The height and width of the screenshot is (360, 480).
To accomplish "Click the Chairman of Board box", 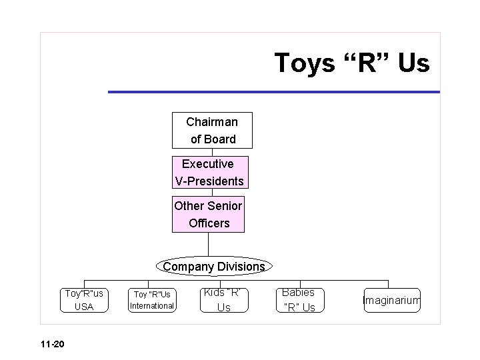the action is [212, 130].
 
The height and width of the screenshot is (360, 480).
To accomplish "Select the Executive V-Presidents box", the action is [209, 172].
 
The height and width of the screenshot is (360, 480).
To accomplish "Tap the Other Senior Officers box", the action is [208, 214].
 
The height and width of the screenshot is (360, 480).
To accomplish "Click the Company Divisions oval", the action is [213, 267].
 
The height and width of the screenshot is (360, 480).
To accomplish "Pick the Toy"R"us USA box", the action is [84, 300].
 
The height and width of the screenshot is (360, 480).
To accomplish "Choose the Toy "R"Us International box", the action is [151, 300].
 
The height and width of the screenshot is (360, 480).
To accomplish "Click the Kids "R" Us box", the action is [224, 300].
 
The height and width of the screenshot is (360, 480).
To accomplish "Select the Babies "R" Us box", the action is [299, 300].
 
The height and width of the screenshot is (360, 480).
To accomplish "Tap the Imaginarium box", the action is [392, 301].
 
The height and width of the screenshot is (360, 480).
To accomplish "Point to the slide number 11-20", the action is [51, 344].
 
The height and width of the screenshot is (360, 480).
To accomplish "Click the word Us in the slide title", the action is [415, 63].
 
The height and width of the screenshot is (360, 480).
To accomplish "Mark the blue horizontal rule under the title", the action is [273, 91].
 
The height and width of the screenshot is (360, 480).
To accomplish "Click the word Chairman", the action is [211, 122].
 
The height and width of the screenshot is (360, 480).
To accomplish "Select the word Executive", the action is [208, 164].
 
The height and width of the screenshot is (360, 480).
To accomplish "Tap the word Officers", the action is [209, 223].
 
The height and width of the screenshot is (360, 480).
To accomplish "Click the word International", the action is [152, 306].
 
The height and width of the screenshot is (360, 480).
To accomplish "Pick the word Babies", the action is [299, 293].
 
